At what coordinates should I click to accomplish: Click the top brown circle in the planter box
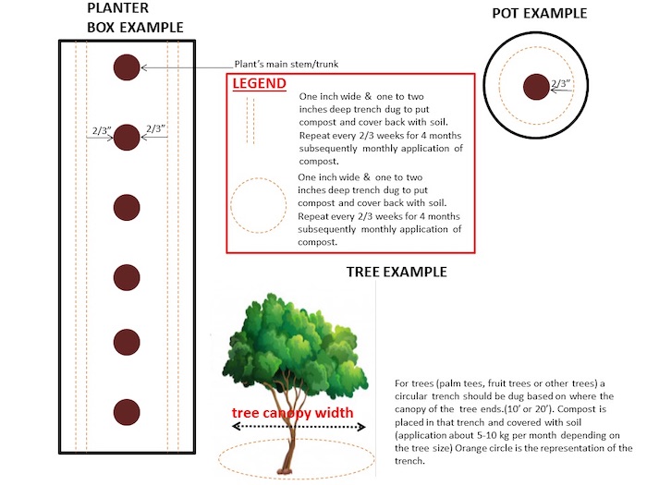point(127,67)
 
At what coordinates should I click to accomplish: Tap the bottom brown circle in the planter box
point(127,411)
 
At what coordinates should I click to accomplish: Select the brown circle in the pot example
point(535,87)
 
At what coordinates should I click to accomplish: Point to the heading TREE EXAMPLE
point(397,273)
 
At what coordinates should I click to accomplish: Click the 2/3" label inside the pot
point(561,83)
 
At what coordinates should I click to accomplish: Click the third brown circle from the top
point(127,205)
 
